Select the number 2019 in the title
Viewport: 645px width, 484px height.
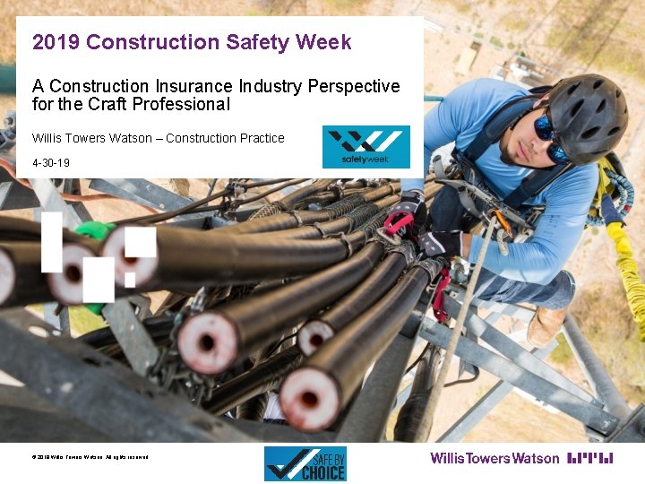pyautogui.click(x=56, y=42)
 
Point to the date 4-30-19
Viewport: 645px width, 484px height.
pyautogui.click(x=51, y=163)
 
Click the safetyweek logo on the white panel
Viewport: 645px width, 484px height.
pyautogui.click(x=365, y=146)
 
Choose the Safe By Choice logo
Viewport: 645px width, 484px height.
pyautogui.click(x=305, y=463)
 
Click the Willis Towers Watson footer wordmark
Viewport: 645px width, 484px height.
pyautogui.click(x=494, y=458)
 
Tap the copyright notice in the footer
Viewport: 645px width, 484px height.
pyautogui.click(x=90, y=457)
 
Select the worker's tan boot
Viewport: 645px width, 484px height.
pyautogui.click(x=545, y=325)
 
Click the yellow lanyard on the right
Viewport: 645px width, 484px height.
pyautogui.click(x=625, y=260)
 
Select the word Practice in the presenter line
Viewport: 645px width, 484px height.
pyautogui.click(x=261, y=138)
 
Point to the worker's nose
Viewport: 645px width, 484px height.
pyautogui.click(x=535, y=143)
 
